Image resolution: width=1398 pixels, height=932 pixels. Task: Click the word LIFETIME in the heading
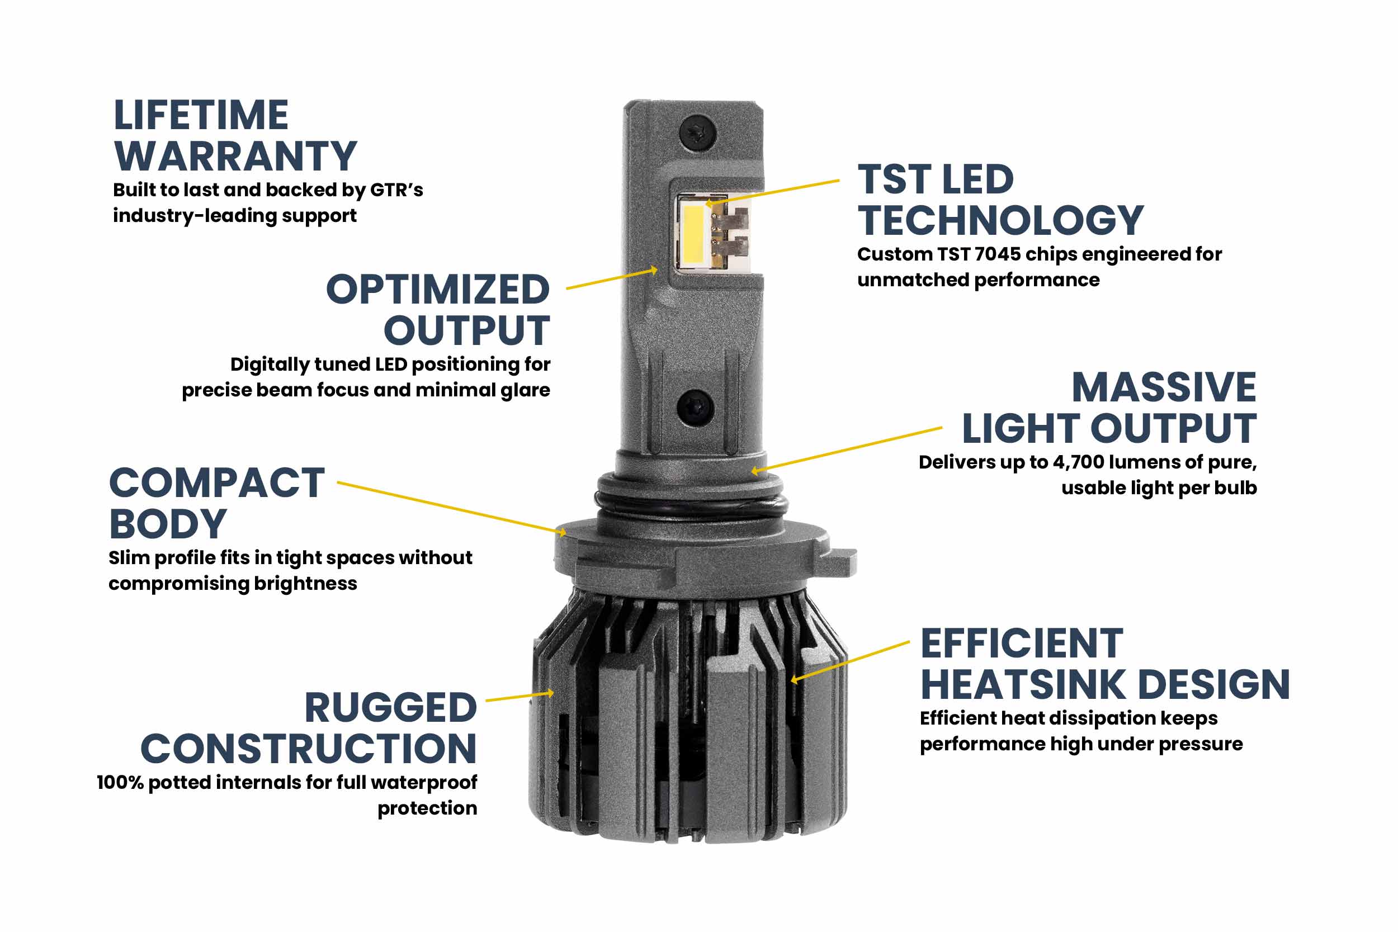click(x=201, y=115)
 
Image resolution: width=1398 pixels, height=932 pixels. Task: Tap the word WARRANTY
click(x=235, y=157)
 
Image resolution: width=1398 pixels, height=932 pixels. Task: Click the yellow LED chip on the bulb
click(x=693, y=234)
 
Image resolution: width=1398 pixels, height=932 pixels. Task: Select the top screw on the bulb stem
click(x=697, y=133)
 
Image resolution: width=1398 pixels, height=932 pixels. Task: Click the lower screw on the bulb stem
click(x=695, y=407)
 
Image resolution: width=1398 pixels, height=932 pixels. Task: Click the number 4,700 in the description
click(x=1078, y=462)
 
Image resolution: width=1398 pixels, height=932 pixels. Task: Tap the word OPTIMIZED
click(x=437, y=290)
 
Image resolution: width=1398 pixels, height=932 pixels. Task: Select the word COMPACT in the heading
click(x=217, y=482)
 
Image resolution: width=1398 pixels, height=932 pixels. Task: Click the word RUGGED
click(x=390, y=708)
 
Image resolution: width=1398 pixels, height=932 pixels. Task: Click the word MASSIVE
click(x=1163, y=387)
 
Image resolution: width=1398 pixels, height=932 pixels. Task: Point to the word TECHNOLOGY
click(x=1000, y=220)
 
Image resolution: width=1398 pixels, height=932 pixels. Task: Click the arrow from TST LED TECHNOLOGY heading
click(x=773, y=192)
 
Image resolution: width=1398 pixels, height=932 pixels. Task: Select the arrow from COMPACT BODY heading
click(x=452, y=508)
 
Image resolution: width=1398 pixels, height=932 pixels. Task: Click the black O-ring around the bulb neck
click(x=689, y=505)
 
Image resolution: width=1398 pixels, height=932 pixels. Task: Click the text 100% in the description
click(x=120, y=783)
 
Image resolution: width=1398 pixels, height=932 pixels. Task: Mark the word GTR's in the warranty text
click(x=396, y=190)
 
